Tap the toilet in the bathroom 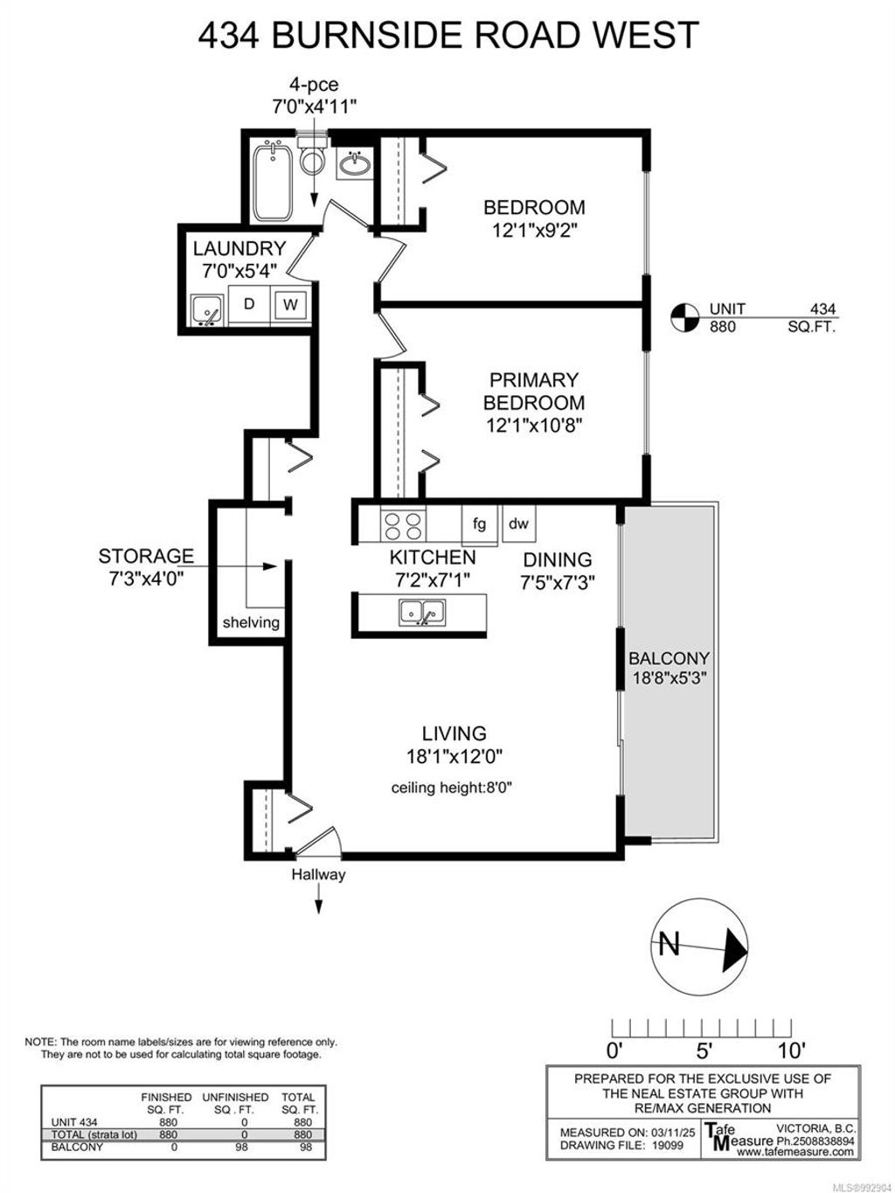point(311,159)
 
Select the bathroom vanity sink point(353,164)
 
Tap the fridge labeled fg point(479,524)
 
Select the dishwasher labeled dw point(518,524)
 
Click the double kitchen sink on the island point(422,613)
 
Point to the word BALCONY point(669,658)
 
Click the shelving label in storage point(251,622)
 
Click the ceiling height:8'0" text point(451,787)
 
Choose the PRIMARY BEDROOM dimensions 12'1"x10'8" point(534,426)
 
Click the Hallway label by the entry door point(318,874)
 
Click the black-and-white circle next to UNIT point(684,317)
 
